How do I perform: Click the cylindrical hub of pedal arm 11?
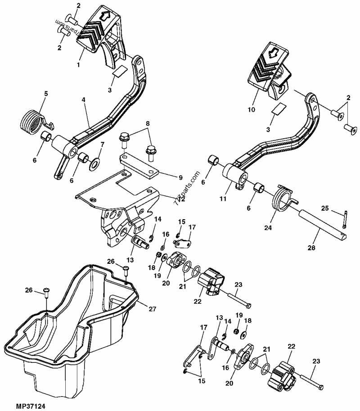pos(235,174)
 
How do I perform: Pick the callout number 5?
pos(45,94)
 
